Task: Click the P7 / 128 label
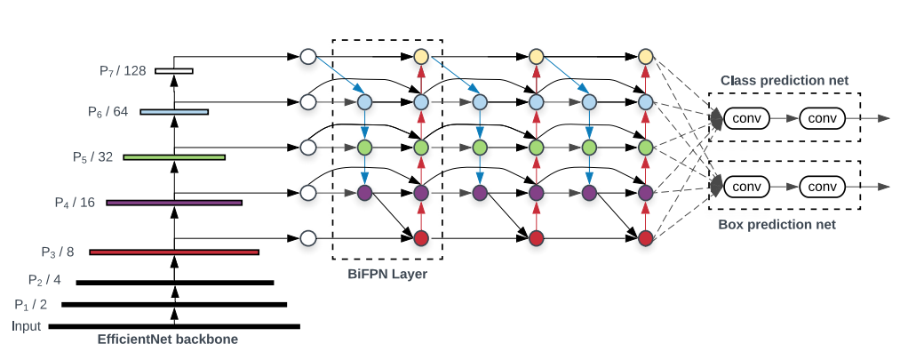pos(123,71)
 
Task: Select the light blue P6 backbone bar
pos(174,111)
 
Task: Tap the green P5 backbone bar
pos(174,157)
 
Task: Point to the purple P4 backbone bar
pos(174,203)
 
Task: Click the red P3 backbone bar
pos(174,252)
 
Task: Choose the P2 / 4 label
pos(44,280)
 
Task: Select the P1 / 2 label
pos(31,305)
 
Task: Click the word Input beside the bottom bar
pos(27,326)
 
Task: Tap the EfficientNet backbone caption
pos(168,340)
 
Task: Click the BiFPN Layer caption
pos(388,274)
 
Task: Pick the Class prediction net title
pos(785,80)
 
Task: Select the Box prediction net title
pos(777,225)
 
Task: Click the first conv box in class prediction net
pos(746,118)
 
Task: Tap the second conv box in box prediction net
pos(822,187)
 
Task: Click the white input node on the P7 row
pos(307,57)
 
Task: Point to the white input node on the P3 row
pos(307,238)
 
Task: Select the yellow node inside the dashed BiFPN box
pos(421,57)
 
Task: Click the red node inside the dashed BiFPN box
pos(421,238)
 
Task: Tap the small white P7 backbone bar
pos(174,71)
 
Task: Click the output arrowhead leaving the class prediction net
pos(883,118)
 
